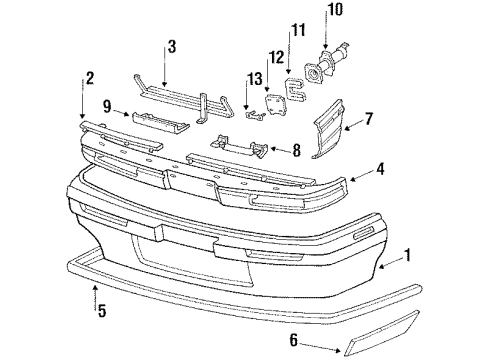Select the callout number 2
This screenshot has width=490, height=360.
pyautogui.click(x=91, y=78)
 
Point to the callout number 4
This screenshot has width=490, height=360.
pyautogui.click(x=381, y=169)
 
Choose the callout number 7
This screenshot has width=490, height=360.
pyautogui.click(x=369, y=120)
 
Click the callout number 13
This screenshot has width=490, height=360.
pyautogui.click(x=255, y=79)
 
